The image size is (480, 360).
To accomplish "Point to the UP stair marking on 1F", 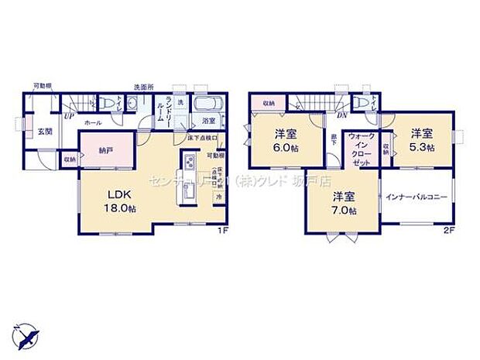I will click(70, 116).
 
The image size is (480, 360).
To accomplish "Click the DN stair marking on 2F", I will click(341, 115).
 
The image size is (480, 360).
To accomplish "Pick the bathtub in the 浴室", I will click(206, 105).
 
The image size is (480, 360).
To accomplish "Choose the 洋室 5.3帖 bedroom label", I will click(421, 139).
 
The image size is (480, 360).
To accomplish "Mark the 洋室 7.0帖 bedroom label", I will click(341, 203).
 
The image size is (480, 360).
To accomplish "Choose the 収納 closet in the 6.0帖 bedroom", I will click(268, 103).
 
